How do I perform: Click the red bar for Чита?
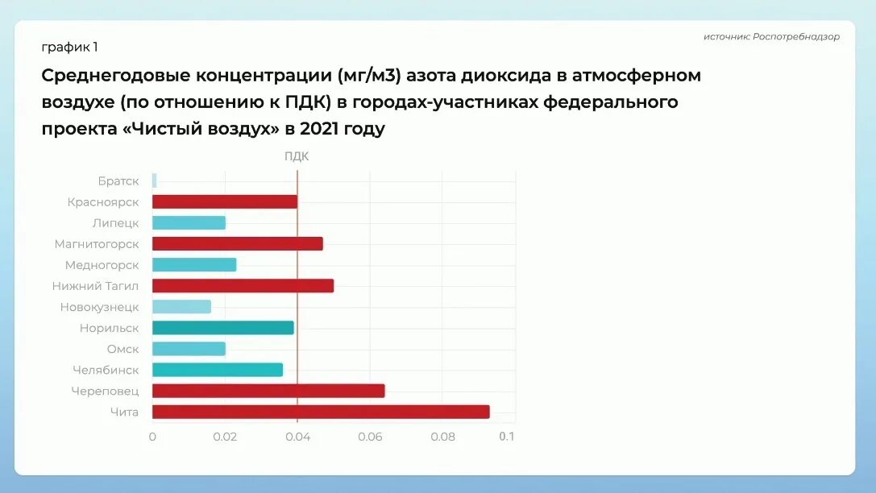click(x=321, y=412)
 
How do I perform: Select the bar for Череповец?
click(x=268, y=391)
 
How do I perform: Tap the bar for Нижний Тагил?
click(x=243, y=286)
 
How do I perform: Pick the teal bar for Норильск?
click(x=222, y=328)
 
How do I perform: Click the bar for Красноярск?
click(x=224, y=201)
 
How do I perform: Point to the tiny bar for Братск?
click(x=154, y=180)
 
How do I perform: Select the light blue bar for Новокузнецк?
click(x=181, y=307)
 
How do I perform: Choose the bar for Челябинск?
click(x=218, y=370)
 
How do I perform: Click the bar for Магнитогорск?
click(x=237, y=243)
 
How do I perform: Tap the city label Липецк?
click(x=115, y=223)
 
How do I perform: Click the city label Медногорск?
click(x=102, y=265)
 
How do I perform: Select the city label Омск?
click(x=122, y=349)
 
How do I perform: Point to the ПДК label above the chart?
click(x=297, y=156)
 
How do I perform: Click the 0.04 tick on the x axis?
click(x=297, y=437)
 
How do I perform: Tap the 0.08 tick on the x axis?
click(x=442, y=437)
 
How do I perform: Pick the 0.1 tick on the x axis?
click(x=506, y=437)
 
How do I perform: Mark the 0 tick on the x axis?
click(x=152, y=437)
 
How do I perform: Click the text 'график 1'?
click(x=69, y=47)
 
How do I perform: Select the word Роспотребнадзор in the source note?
click(x=796, y=36)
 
